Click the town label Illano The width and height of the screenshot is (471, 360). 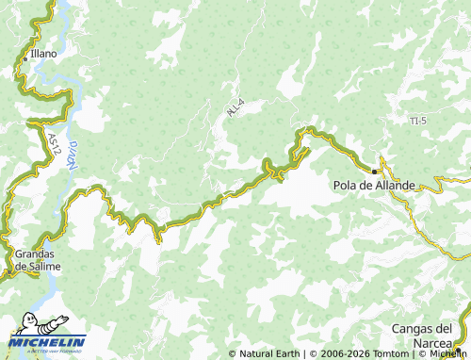coord(43,54)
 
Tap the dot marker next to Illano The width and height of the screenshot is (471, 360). coord(25,57)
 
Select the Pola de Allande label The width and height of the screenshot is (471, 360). coord(374,186)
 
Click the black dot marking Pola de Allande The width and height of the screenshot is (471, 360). coord(374,172)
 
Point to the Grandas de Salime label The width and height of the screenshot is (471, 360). coord(38,260)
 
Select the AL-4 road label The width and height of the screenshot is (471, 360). coord(235,107)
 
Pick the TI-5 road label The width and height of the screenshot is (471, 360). coord(419,122)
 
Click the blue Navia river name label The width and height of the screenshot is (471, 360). coord(72,155)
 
